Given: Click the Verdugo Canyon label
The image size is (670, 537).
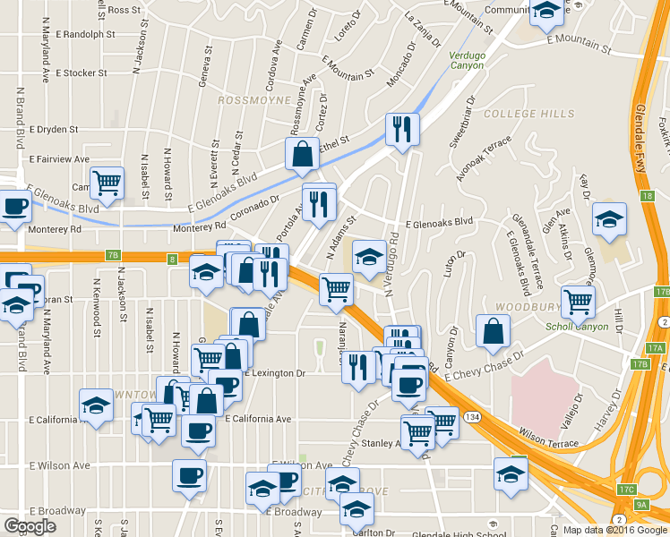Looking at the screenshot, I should point(466,60).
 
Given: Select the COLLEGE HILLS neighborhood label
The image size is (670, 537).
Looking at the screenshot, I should point(528,115).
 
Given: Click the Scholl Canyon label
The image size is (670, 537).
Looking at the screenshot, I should point(577,326).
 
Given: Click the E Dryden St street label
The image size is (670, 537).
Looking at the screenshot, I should point(59,129).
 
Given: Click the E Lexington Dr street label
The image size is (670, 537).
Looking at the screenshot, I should point(273,372).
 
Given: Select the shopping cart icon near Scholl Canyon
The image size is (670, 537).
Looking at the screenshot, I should point(579,301).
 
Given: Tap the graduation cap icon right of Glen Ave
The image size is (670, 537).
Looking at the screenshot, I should point(609,218).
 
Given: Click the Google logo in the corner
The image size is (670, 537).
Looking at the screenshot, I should point(30,526).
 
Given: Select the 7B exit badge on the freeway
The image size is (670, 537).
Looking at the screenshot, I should point(112,255).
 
